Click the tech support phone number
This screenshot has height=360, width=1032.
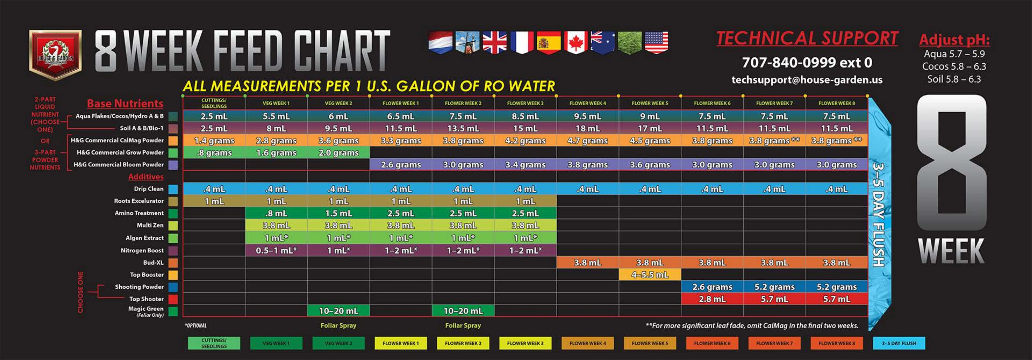(806, 62)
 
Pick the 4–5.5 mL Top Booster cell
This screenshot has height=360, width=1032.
(649, 275)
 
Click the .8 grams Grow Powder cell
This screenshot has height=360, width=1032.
(214, 153)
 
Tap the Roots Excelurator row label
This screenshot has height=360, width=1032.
(139, 201)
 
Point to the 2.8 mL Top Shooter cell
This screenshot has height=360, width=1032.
(712, 299)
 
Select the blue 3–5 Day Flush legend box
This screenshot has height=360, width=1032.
(899, 343)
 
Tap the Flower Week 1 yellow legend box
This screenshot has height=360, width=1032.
(400, 343)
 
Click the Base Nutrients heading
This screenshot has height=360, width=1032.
(125, 103)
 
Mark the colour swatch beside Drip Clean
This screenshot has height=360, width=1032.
(173, 189)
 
